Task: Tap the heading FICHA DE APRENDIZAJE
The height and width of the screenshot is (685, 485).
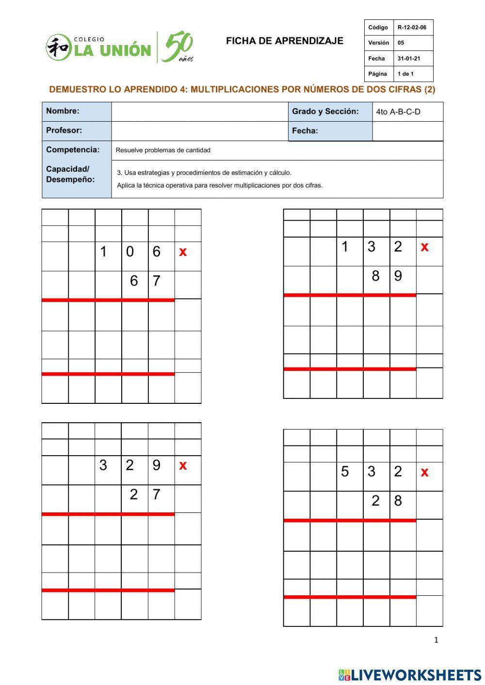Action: (284, 41)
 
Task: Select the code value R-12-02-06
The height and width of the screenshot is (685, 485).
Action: (412, 28)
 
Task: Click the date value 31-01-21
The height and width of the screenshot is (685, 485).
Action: (409, 59)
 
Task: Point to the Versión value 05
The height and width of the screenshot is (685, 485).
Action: (401, 43)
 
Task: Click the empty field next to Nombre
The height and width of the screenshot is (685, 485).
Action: (199, 112)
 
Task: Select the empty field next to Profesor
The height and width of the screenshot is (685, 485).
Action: (199, 131)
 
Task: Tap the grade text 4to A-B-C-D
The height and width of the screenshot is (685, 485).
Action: (398, 112)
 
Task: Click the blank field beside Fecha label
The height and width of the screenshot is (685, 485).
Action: (407, 131)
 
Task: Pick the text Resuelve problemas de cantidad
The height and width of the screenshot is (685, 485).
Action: (163, 150)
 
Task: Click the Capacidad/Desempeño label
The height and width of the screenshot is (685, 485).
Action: (70, 174)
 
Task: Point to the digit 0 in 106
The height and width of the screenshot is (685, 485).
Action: (129, 252)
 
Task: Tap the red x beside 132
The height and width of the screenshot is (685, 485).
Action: (425, 247)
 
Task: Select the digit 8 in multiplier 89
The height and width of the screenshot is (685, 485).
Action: (375, 276)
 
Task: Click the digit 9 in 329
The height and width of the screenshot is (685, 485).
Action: (156, 465)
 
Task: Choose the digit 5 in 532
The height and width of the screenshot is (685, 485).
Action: (345, 472)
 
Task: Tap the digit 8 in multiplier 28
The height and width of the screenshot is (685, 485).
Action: (398, 501)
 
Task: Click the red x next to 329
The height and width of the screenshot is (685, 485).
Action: (183, 465)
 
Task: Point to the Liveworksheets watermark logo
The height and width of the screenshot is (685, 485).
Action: (410, 674)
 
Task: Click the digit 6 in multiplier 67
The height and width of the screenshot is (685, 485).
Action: (134, 281)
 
